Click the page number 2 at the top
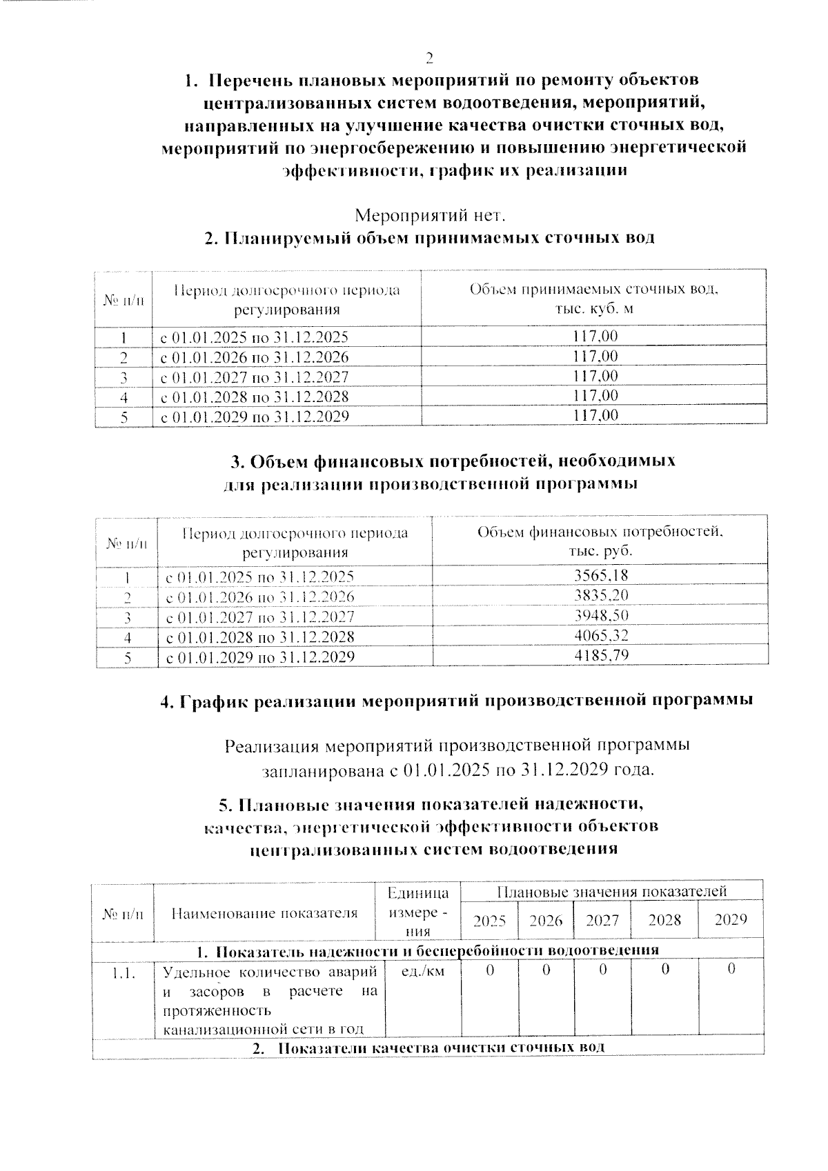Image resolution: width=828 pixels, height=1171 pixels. click(429, 57)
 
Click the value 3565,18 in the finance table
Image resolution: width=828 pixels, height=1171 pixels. click(601, 576)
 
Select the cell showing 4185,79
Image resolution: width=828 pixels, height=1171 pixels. click(601, 656)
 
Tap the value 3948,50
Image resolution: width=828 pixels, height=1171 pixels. click(601, 616)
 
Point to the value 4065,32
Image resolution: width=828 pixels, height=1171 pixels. click(601, 636)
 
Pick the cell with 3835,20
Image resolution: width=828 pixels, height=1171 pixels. click(601, 596)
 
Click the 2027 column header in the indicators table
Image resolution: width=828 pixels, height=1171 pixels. click(602, 920)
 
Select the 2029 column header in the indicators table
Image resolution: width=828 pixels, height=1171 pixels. click(730, 920)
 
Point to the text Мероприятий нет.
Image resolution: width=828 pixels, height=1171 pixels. click(430, 216)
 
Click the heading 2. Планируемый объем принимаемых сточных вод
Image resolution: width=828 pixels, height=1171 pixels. click(429, 239)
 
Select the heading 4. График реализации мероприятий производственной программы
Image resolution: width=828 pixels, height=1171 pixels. click(456, 701)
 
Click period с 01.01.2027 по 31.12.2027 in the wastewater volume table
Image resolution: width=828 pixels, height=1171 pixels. click(254, 377)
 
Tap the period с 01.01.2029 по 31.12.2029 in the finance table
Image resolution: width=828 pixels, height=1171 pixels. click(260, 657)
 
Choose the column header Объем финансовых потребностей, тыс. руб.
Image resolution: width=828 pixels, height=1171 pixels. click(600, 541)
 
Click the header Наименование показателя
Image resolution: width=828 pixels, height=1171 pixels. click(264, 914)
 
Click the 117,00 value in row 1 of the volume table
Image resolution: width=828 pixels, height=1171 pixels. click(595, 337)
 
